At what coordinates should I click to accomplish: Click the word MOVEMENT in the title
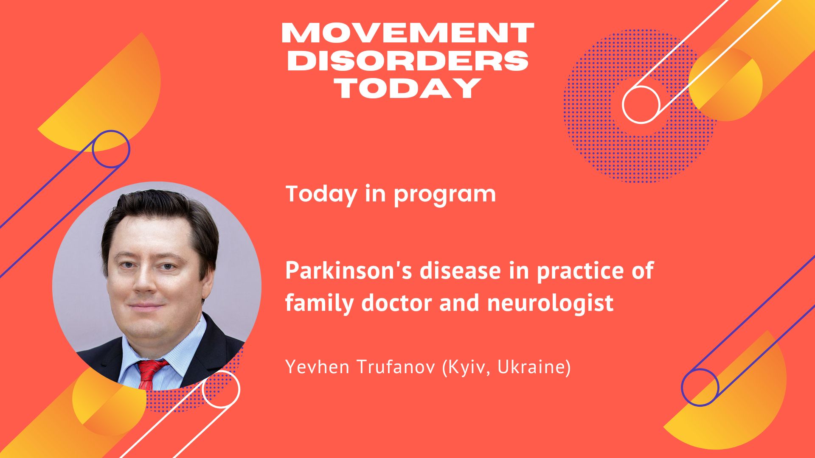(407, 33)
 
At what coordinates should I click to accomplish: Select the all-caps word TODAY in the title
(407, 88)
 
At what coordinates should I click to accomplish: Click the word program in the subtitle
(444, 195)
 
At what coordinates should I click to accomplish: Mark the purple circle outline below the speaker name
(683, 387)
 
